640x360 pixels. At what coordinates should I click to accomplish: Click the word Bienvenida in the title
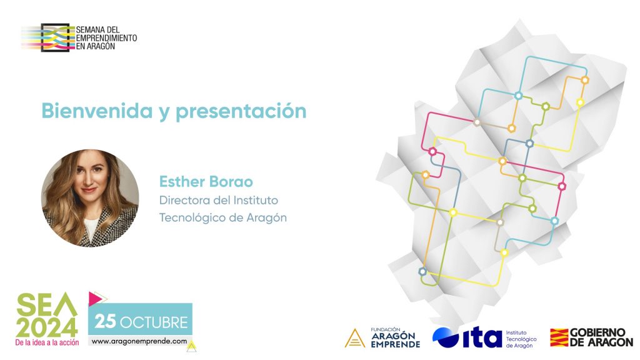pyautogui.click(x=97, y=111)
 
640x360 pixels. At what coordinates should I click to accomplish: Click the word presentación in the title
pyautogui.click(x=241, y=111)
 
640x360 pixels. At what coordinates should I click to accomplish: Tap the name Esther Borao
pyautogui.click(x=206, y=182)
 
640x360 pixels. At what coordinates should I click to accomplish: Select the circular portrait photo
pyautogui.click(x=90, y=198)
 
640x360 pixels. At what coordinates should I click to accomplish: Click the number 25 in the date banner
pyautogui.click(x=105, y=322)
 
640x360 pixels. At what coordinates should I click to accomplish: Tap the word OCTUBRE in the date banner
pyautogui.click(x=154, y=322)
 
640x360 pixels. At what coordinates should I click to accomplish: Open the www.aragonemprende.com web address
pyautogui.click(x=139, y=341)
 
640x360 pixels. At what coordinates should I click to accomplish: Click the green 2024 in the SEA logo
pyautogui.click(x=47, y=327)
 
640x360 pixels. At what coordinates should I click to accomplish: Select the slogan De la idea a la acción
pyautogui.click(x=47, y=343)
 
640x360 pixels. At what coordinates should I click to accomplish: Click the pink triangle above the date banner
pyautogui.click(x=95, y=298)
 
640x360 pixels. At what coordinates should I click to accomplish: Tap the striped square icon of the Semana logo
pyautogui.click(x=55, y=37)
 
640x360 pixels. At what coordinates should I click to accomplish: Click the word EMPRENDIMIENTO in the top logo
pyautogui.click(x=106, y=38)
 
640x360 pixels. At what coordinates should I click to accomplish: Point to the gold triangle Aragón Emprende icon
pyautogui.click(x=355, y=338)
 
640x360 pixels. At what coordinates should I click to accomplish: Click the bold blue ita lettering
pyautogui.click(x=482, y=337)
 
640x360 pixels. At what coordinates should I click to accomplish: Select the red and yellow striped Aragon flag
pyautogui.click(x=559, y=337)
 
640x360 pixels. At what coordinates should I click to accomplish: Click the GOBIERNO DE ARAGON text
pyautogui.click(x=601, y=337)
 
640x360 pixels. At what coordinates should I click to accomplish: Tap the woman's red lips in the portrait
pyautogui.click(x=88, y=190)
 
